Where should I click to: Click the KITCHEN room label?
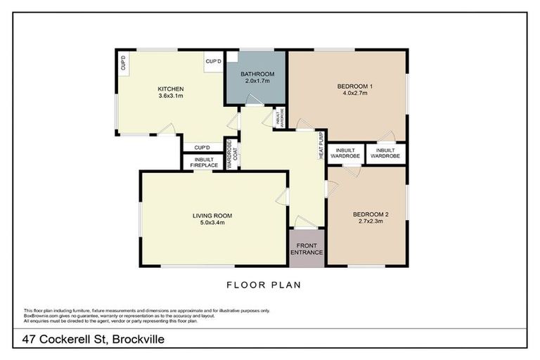171,89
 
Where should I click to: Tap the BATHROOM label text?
257,74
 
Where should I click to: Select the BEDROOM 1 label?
355,86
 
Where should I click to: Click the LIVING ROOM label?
212,215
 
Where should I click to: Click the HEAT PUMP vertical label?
322,145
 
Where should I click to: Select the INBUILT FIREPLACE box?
202,162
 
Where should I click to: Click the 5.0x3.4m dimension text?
212,223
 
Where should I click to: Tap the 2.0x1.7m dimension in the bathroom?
257,82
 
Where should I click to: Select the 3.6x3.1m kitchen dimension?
171,96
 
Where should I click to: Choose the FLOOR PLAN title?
264,285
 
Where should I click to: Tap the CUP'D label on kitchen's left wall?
124,64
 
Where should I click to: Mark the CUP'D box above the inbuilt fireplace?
202,148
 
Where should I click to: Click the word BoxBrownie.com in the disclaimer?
41,316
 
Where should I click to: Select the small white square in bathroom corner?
232,56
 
